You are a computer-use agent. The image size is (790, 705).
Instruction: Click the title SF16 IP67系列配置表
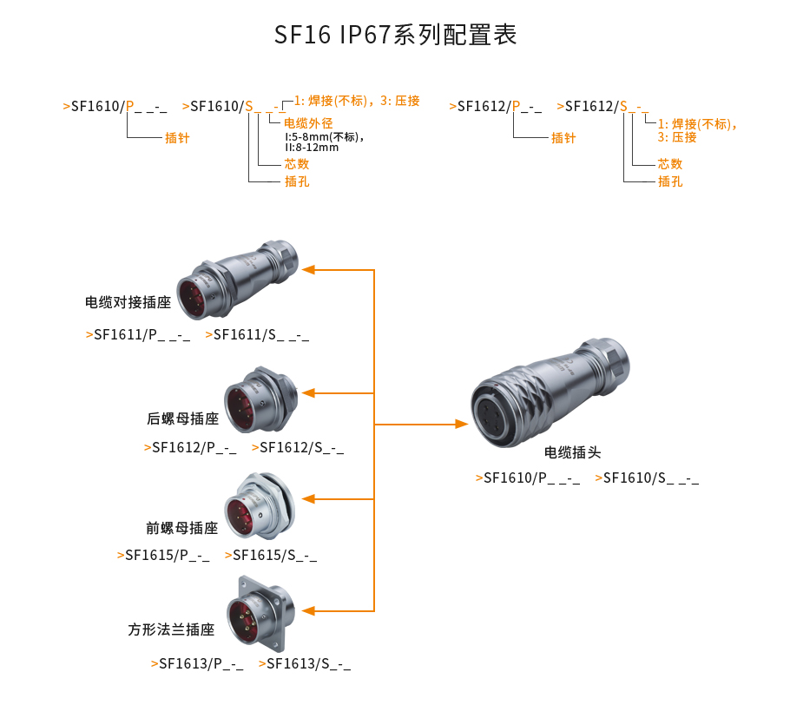(395, 35)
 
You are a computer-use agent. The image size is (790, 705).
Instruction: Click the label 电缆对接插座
(128, 303)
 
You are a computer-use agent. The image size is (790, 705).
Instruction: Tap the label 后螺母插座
(182, 418)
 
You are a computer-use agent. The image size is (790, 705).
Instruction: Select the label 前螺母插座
(181, 528)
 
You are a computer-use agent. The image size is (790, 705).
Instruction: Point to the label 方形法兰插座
(171, 629)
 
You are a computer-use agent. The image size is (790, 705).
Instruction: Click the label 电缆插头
(572, 452)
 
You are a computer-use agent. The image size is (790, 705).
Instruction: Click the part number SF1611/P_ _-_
(142, 334)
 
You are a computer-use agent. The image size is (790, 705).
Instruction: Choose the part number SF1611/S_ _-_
(260, 334)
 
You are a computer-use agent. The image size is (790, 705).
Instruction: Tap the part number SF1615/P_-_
(167, 555)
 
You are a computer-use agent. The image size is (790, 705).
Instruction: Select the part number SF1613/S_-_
(308, 664)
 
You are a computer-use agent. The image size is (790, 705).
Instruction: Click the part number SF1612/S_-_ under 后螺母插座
(301, 447)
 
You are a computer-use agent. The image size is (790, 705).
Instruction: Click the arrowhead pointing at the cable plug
(462, 425)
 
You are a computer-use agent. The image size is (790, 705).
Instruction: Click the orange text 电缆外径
(309, 122)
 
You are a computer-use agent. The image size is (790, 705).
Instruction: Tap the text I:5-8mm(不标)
(323, 136)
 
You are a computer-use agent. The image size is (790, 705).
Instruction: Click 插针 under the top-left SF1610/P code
(177, 137)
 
